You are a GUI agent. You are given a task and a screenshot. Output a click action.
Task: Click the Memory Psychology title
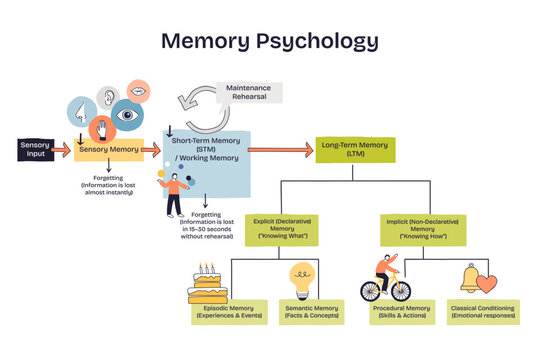(269, 41)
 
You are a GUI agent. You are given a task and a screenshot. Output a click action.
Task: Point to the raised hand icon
(100, 128)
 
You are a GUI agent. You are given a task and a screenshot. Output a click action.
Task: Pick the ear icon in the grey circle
(107, 97)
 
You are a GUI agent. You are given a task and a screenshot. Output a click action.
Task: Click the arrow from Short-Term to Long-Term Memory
(280, 150)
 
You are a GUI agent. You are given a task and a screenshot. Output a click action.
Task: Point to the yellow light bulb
(303, 277)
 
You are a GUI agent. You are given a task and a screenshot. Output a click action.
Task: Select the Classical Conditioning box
(482, 312)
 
